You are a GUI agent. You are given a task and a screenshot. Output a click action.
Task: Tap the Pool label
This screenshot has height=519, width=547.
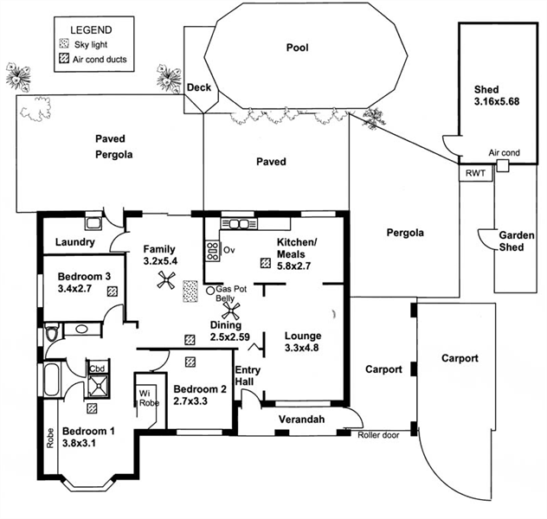point(297,48)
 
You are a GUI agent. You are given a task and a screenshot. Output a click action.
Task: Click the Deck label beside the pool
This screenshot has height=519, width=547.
point(198,86)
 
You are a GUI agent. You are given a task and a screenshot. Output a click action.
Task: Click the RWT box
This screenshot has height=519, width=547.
point(474,173)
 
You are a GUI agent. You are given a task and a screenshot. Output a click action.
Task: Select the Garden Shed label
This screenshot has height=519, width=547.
point(515,240)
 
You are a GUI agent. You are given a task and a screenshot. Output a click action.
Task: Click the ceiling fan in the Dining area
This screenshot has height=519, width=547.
point(231,309)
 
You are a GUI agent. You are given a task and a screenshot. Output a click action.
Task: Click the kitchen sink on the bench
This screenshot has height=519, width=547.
point(242,225)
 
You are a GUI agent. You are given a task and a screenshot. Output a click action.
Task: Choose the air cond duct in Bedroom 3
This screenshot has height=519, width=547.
point(113,292)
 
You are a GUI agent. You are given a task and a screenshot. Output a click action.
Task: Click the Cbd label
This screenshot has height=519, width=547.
point(97,368)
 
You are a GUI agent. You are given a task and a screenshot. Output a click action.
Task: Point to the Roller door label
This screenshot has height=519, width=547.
point(379,435)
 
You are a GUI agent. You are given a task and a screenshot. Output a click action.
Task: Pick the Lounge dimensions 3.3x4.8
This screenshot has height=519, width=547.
point(301,349)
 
